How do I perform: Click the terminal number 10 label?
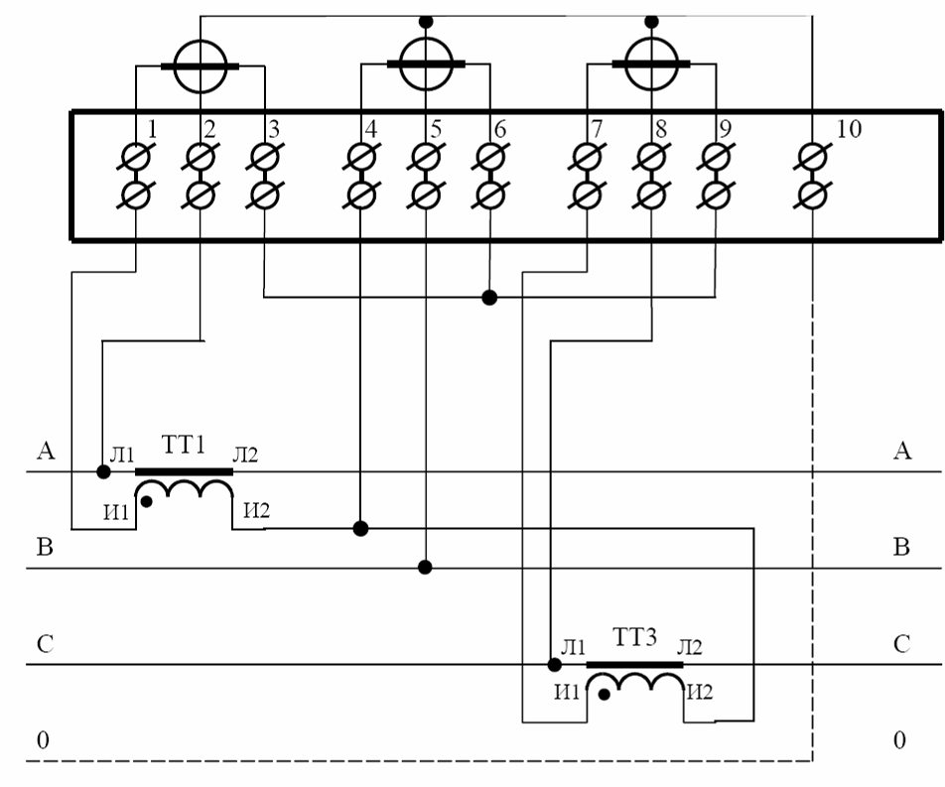849,128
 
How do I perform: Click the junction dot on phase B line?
425,567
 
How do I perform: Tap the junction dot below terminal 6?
488,297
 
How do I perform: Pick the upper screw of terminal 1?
136,158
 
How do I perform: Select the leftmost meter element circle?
201,66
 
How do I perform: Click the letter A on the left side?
45,453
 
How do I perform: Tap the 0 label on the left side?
42,740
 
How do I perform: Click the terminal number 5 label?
435,128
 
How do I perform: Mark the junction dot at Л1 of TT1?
103,470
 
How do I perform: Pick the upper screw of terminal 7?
587,158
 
